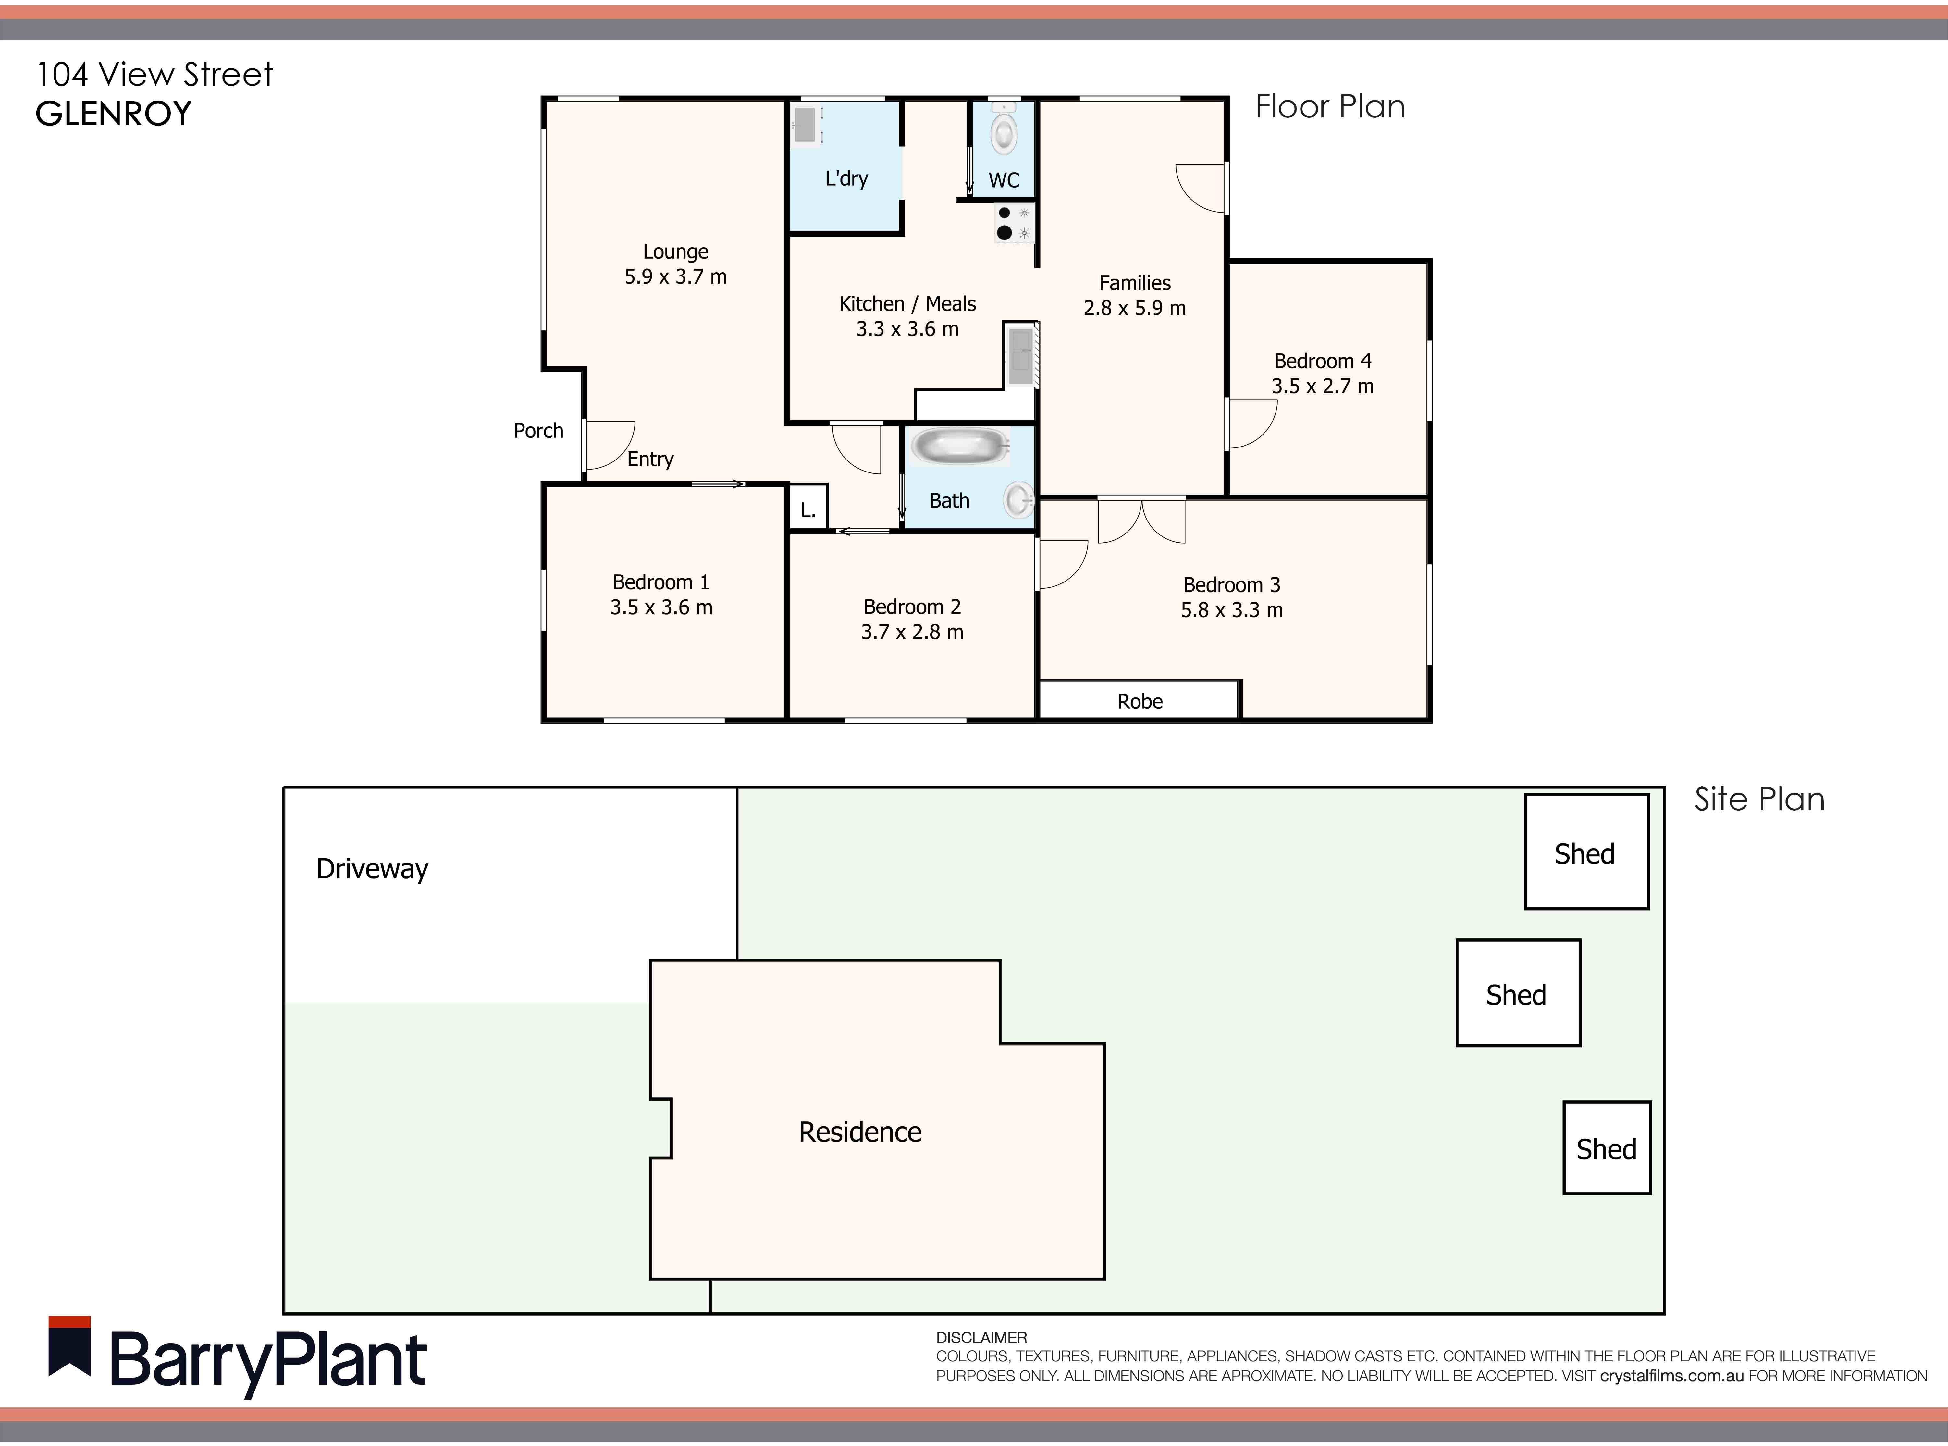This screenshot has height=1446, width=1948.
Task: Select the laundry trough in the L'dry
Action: coord(806,124)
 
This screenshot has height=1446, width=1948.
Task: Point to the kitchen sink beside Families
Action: coord(1020,354)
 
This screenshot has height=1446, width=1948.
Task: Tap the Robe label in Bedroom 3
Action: coord(1140,701)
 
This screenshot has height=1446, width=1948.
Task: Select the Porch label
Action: coord(538,431)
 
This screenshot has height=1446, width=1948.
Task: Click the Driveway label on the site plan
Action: coord(372,869)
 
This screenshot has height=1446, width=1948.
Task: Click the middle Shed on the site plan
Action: coord(1518,993)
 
